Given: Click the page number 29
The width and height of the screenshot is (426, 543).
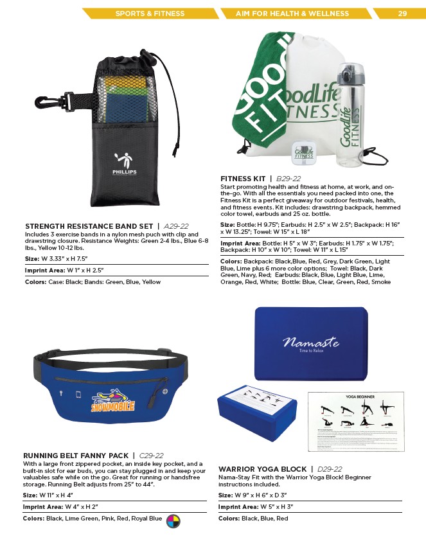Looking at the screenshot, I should (x=402, y=13).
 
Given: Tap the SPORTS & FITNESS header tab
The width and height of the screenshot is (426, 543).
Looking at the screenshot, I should (x=149, y=13).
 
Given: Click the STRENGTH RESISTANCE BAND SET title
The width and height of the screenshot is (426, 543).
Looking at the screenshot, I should (x=89, y=226).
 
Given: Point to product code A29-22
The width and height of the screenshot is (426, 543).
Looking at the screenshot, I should (x=176, y=226).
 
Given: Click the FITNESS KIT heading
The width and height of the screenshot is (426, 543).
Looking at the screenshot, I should (x=242, y=179).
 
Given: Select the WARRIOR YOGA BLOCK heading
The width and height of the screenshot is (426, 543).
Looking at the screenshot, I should (x=262, y=469).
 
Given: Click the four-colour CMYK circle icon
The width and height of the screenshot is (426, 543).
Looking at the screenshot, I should (x=172, y=520).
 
